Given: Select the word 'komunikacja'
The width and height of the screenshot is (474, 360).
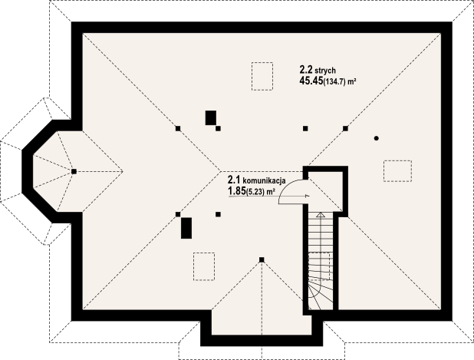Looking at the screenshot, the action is (x=265, y=180).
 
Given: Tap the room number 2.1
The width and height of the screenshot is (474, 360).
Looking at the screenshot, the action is (x=233, y=180).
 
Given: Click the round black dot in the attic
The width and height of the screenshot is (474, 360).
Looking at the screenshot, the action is (x=377, y=138).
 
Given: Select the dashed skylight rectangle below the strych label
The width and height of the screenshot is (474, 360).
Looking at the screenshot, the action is (x=262, y=74).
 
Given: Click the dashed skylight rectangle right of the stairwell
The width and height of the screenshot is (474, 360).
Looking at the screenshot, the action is (x=397, y=170).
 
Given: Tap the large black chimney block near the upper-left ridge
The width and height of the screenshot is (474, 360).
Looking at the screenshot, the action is (x=210, y=117).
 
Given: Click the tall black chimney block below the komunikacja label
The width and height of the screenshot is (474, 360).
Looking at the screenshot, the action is (x=186, y=228).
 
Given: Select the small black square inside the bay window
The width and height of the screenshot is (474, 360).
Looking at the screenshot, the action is (x=74, y=171).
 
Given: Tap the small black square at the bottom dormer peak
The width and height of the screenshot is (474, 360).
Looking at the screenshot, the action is (x=262, y=259).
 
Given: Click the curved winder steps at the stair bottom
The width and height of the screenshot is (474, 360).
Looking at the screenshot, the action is (x=321, y=292).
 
